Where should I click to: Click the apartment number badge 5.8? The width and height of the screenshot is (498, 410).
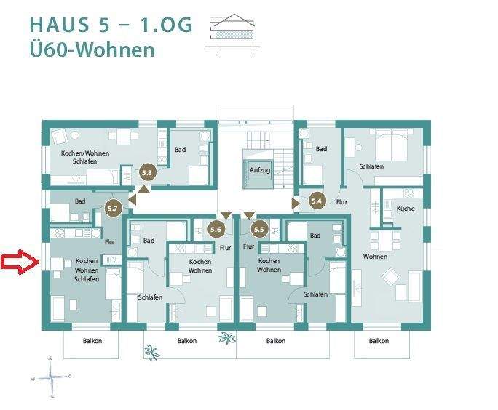click(x=147, y=173)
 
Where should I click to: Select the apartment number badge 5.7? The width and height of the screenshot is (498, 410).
click(x=113, y=209)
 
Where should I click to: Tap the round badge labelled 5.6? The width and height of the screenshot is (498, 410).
click(x=216, y=229)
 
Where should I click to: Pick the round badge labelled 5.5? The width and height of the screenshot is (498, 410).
click(x=259, y=229)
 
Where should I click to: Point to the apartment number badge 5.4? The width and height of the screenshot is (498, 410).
click(x=317, y=201)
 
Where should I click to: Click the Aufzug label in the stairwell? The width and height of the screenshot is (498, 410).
click(x=260, y=170)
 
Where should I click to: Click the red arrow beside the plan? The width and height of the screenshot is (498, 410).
click(x=20, y=262)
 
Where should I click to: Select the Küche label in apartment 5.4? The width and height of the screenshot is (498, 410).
click(x=406, y=209)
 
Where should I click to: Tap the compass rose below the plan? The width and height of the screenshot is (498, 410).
click(x=51, y=377)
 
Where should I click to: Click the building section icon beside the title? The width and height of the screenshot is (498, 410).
click(x=232, y=34)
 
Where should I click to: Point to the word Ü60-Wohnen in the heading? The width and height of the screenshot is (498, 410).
click(x=92, y=49)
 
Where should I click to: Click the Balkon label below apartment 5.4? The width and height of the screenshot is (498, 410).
click(x=379, y=341)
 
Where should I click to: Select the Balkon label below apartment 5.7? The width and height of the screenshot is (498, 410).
click(x=92, y=341)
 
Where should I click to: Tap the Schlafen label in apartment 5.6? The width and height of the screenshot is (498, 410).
click(x=150, y=297)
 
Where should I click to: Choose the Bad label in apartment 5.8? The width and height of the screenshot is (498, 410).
click(x=180, y=150)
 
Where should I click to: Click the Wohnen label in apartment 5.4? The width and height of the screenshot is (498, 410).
click(x=375, y=257)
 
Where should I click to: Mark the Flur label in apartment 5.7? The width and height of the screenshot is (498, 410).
click(x=110, y=242)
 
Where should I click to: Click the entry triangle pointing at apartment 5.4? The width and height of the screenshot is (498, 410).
click(x=296, y=204)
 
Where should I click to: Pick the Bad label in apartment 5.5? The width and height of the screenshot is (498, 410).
click(x=315, y=236)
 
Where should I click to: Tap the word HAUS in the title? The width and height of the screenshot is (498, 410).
click(x=60, y=25)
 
